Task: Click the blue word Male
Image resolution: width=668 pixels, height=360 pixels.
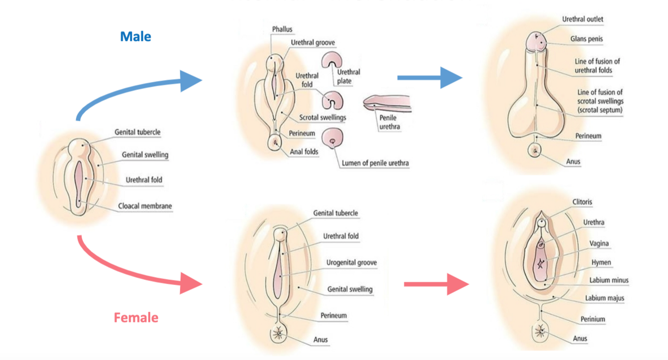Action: [x=135, y=37]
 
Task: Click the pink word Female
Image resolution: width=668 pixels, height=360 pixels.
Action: [x=136, y=317]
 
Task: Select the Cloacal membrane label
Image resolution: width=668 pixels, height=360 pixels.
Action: [x=145, y=206]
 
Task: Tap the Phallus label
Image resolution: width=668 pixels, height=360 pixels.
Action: [x=282, y=30]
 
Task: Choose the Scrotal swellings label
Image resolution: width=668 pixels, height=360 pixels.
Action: [x=322, y=118]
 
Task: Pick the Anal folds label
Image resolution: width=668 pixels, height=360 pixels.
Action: [x=304, y=152]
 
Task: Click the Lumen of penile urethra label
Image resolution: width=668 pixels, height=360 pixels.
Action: [x=375, y=163]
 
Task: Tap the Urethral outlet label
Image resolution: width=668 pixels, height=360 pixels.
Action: [x=582, y=20]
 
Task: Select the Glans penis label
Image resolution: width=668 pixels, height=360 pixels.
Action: [x=586, y=39]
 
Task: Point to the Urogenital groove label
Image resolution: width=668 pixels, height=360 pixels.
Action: [x=352, y=263]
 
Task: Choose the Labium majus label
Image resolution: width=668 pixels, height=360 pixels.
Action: [x=604, y=298]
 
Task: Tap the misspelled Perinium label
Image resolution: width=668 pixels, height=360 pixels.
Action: [x=593, y=319]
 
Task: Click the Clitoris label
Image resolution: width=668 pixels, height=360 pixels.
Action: [x=582, y=202]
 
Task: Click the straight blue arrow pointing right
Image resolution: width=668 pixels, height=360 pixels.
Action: [x=430, y=78]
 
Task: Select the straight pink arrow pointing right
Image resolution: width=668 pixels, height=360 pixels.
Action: [x=436, y=284]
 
